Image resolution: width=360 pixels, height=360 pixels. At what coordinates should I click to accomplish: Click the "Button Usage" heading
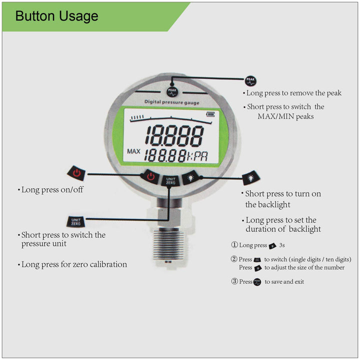(56, 16)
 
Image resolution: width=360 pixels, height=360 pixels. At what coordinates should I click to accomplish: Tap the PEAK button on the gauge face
(172, 91)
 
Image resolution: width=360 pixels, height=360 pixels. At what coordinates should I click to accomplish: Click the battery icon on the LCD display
(209, 113)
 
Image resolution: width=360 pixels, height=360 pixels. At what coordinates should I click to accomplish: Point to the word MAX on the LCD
(133, 151)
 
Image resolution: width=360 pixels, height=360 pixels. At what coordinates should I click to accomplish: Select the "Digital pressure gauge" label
(171, 102)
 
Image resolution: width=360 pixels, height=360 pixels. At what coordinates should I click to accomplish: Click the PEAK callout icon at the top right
(250, 80)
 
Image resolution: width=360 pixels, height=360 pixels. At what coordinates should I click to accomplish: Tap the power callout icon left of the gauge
(76, 173)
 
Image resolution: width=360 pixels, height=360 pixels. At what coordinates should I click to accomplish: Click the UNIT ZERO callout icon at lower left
(76, 220)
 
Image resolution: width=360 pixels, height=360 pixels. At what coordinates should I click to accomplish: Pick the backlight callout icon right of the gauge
(249, 178)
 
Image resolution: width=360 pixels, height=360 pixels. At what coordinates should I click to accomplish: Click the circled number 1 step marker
(234, 245)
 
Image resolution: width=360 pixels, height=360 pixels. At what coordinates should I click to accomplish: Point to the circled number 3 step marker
(234, 281)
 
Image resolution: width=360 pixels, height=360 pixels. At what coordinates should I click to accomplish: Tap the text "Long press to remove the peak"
(294, 93)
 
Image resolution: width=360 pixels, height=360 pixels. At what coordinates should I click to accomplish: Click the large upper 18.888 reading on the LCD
(174, 135)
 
